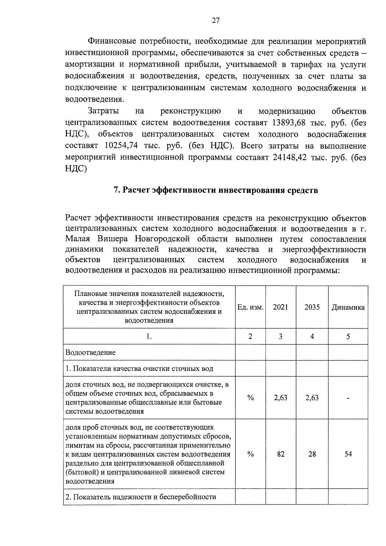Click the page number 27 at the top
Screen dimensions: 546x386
coord(216,21)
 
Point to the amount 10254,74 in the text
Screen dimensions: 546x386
coord(121,146)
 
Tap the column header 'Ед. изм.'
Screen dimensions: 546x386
coord(251,307)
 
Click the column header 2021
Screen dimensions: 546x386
coord(280,307)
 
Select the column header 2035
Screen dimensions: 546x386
coord(312,307)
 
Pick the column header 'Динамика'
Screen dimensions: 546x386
coord(348,307)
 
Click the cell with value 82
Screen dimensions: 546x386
coord(280,454)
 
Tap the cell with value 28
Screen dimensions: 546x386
coord(312,454)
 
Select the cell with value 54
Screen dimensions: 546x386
coord(348,454)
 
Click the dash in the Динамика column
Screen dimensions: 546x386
coord(348,398)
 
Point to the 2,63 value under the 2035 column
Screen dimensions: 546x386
coord(312,398)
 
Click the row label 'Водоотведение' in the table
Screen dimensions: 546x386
coord(90,352)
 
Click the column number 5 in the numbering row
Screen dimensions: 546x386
coord(348,337)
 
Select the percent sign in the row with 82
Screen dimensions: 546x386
coord(251,454)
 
